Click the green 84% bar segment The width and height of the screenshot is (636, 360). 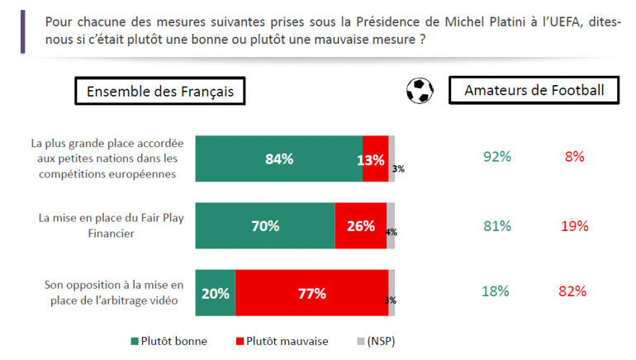tap(279, 159)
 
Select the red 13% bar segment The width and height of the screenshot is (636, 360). tap(375, 159)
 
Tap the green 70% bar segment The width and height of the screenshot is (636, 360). tap(265, 225)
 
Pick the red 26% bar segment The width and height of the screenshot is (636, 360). tap(361, 225)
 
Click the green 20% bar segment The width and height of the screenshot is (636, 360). tap(215, 292)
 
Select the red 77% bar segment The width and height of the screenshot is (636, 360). tap(311, 292)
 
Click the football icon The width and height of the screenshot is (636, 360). tap(420, 91)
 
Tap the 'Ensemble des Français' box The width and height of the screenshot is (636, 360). tap(160, 92)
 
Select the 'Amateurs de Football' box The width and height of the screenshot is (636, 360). tap(534, 91)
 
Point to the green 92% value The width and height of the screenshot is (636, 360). tap(497, 156)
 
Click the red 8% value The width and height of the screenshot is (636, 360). tap(575, 156)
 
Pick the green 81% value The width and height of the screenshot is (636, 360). tap(497, 225)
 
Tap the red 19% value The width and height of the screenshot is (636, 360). tap(574, 225)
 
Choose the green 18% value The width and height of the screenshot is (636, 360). tap(497, 291)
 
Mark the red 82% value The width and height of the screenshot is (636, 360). tap(573, 291)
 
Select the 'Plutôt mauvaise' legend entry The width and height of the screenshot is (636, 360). tap(282, 340)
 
